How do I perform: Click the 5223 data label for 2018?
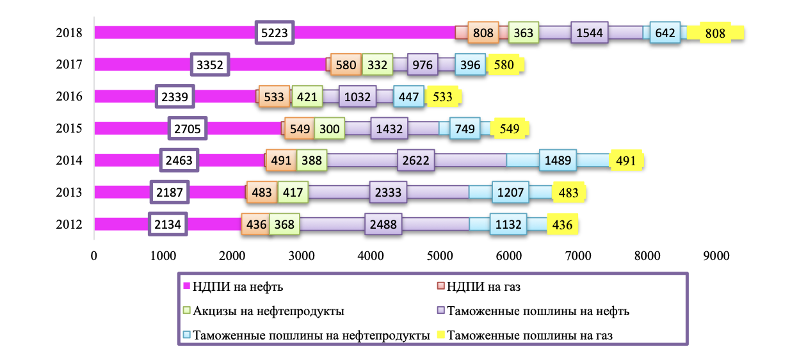275,33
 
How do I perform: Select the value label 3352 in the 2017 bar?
210,65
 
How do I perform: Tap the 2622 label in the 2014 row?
415,160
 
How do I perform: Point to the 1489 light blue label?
558,160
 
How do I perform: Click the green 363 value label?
523,33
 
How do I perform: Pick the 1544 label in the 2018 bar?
590,33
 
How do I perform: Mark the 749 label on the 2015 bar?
465,128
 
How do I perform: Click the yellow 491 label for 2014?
625,161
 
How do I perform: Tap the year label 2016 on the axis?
69,96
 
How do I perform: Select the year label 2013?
69,192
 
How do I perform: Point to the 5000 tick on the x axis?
440,256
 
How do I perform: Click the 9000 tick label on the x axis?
716,256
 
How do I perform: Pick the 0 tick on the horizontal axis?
94,256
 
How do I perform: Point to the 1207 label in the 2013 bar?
510,192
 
